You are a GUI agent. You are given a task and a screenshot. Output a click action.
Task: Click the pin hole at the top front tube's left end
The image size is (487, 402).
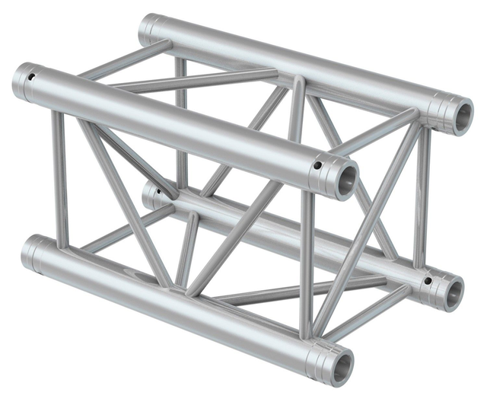[x=32, y=76]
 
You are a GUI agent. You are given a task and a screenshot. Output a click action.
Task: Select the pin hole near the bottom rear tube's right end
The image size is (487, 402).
[x=428, y=281]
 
